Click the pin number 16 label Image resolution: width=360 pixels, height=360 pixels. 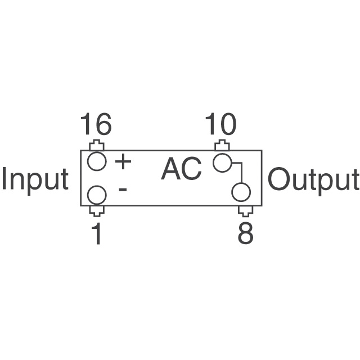pos(96,124)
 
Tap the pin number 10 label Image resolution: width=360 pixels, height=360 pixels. pos(220,124)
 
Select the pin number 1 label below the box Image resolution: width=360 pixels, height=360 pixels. pos(97,235)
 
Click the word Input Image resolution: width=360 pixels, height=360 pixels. pos(35,180)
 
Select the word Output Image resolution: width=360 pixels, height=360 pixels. pos(313,180)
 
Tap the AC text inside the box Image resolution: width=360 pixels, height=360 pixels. pos(181,169)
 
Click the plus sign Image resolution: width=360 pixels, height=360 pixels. pos(123,162)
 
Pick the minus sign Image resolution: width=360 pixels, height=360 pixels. pos(123,189)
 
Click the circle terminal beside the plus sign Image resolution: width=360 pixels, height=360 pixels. pos(97,161)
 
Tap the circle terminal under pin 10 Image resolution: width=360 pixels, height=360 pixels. pos(222,163)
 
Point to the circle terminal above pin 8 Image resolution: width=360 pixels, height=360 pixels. pos(241,192)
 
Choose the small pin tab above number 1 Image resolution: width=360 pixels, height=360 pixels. pos(97,211)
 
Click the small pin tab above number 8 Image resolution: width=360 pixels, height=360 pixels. pos(245,211)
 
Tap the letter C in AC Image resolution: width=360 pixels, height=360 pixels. pos(192,169)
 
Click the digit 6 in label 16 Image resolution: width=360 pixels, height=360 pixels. pos(103,124)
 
